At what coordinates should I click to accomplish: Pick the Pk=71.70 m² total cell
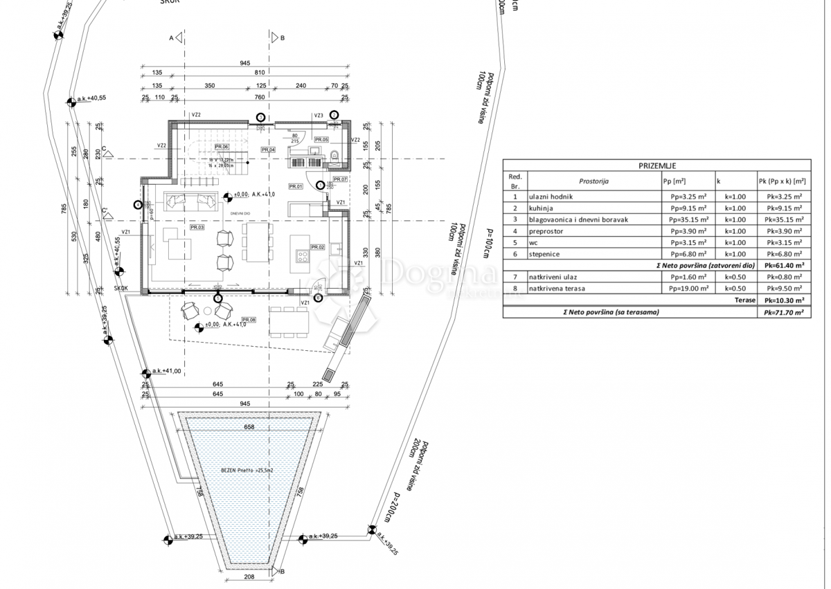tap(783, 312)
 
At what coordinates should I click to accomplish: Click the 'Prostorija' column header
tap(593, 181)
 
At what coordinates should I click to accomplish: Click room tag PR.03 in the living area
tap(197, 227)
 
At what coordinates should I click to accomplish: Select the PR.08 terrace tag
tap(248, 320)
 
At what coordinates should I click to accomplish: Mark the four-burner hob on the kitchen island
tap(303, 257)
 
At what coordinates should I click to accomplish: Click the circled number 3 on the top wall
tap(260, 118)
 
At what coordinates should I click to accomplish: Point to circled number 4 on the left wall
tap(138, 204)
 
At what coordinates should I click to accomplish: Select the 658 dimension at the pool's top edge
tap(249, 427)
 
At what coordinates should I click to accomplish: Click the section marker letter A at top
tap(171, 38)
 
